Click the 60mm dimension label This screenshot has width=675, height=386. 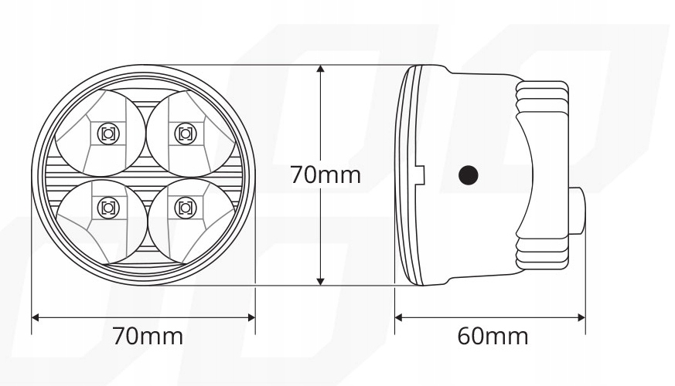(493, 337)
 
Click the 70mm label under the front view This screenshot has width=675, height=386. (148, 337)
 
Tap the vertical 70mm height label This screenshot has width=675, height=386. (326, 174)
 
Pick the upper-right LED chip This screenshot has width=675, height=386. (184, 133)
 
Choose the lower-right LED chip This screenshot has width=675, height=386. (184, 207)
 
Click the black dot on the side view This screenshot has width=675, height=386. (468, 175)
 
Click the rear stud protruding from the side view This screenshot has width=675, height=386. (578, 208)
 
